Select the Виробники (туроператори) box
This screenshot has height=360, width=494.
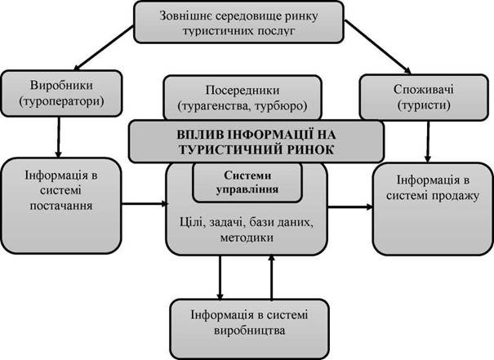(x=61, y=94)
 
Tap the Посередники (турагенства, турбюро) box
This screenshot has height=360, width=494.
(x=243, y=98)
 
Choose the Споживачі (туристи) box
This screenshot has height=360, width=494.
(x=424, y=97)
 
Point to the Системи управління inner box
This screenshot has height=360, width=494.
(x=247, y=183)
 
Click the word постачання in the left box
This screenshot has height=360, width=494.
(x=61, y=206)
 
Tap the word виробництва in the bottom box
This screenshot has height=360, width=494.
(x=250, y=331)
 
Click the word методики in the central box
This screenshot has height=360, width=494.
(x=247, y=238)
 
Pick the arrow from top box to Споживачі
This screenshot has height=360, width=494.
(x=377, y=47)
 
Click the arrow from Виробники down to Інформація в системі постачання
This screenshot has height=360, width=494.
(x=58, y=137)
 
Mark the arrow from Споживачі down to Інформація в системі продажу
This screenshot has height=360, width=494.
(x=428, y=141)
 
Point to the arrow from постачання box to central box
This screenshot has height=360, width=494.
(x=145, y=204)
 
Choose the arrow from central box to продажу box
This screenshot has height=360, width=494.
(x=350, y=207)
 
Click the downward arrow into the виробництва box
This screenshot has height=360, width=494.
(x=220, y=278)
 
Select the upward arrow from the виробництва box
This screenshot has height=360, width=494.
(x=272, y=277)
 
